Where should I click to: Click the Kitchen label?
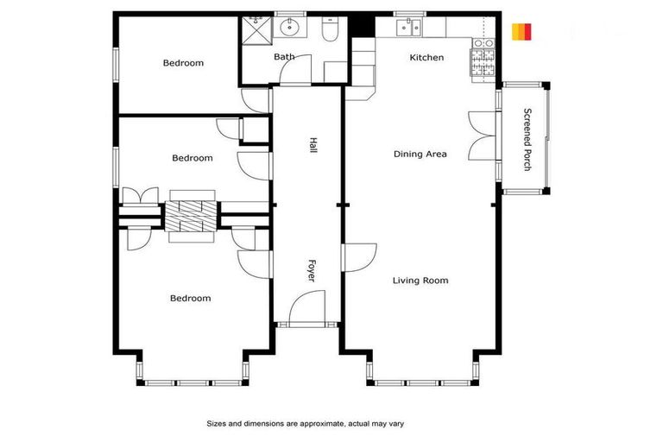426,58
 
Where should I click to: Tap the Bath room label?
284,57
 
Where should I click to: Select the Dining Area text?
420,155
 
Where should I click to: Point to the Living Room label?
420,281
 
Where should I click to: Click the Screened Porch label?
527,138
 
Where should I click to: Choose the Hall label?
313,147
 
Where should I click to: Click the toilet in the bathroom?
329,31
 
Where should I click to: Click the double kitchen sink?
409,28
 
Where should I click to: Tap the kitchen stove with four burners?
483,60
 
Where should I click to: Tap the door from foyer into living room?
360,257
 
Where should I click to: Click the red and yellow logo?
521,32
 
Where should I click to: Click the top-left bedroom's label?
183,63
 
